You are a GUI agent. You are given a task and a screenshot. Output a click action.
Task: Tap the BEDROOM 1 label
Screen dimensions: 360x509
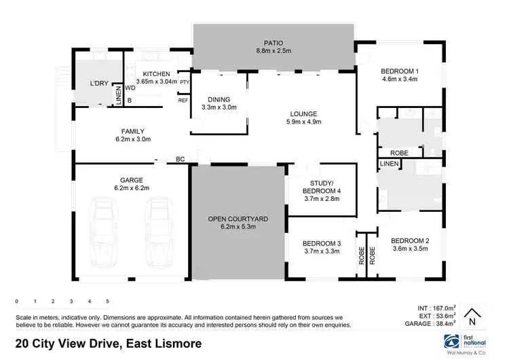pos(398,71)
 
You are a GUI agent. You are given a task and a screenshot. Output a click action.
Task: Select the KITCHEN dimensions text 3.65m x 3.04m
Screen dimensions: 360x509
pos(156,81)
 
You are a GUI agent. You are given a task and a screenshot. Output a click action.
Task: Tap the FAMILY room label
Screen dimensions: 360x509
pos(132,131)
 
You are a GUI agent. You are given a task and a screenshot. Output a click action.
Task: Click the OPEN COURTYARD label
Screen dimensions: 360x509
pos(238,219)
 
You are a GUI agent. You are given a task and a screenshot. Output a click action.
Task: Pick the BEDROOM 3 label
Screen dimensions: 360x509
pos(320,243)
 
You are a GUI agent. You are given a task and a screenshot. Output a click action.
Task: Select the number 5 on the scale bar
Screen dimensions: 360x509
pos(107,300)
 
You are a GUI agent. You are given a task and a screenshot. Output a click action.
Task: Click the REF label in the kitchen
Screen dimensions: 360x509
pos(183,101)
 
